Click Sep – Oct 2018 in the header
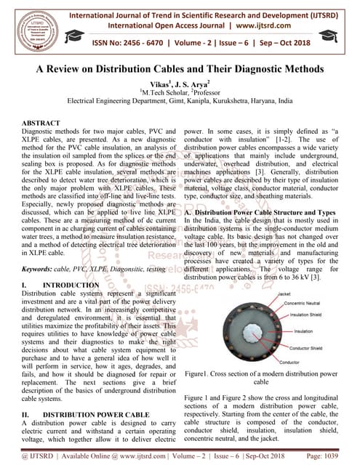tap(313, 41)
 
